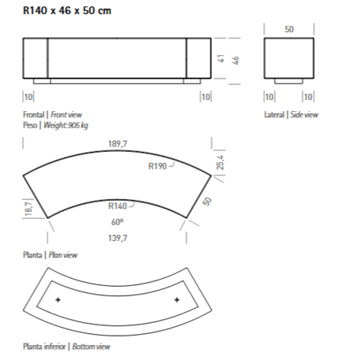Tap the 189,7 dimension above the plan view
click(118, 143)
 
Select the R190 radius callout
click(157, 166)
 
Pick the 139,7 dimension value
click(117, 237)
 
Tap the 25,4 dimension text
click(221, 162)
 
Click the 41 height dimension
click(224, 58)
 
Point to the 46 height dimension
click(236, 61)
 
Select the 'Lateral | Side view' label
click(291, 115)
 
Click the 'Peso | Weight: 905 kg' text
click(54, 125)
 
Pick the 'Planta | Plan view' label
click(50, 255)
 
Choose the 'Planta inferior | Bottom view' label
click(67, 347)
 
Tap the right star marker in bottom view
click(176, 300)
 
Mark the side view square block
click(288, 59)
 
